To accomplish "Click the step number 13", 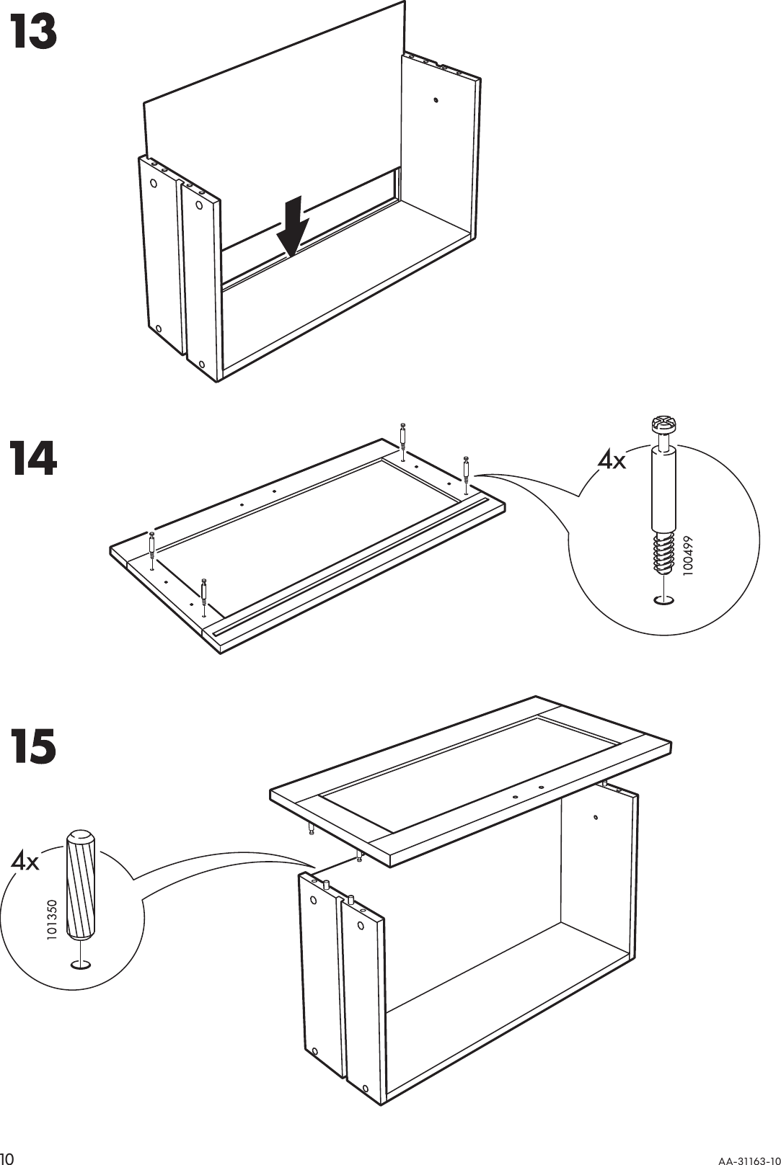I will coord(33,33).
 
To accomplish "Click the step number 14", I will coord(33,459).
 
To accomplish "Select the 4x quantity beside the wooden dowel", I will coord(25,860).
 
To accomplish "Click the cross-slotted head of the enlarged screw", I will coord(662,424).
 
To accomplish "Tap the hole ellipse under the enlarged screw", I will coord(663,599).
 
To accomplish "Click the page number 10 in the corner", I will coord(8,1158).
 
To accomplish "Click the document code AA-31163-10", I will coord(747,1159).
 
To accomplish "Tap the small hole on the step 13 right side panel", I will coord(436,100).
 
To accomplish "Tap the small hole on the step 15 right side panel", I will coord(596,817).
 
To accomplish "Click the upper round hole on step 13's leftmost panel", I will coord(154,183).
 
